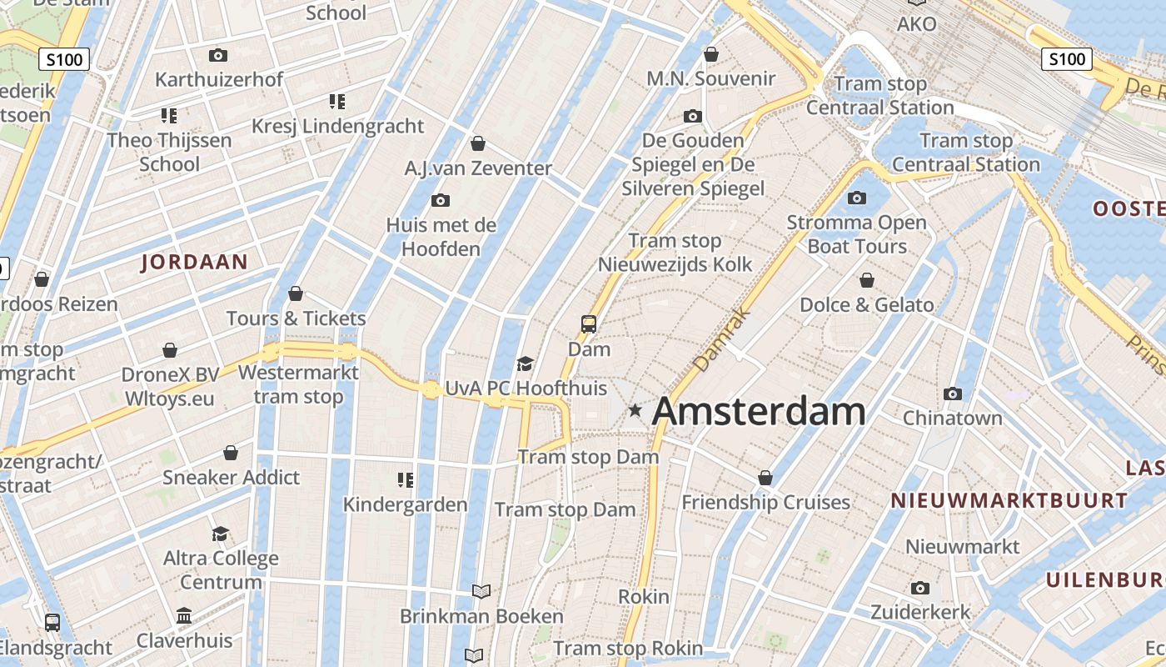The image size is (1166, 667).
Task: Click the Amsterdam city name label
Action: [x=759, y=412]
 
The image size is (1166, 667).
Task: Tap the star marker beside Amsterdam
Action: [x=635, y=409]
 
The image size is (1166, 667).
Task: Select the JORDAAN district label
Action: [x=195, y=262]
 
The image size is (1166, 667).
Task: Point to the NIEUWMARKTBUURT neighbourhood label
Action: [x=1009, y=501]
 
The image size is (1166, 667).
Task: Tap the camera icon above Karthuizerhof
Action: [x=218, y=55]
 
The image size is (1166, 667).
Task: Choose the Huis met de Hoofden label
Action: [x=441, y=237]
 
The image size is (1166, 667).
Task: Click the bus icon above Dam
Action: [x=589, y=323]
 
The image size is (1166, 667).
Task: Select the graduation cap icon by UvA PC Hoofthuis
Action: [x=525, y=363]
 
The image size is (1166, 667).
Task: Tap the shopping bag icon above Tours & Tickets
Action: [x=296, y=293]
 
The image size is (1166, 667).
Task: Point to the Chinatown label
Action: [x=953, y=418]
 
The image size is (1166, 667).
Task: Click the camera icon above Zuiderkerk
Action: [x=920, y=588]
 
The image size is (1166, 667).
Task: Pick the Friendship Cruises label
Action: [x=765, y=503]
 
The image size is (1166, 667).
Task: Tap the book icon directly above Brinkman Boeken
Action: [x=481, y=591]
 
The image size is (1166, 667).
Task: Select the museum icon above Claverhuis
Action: [x=184, y=616]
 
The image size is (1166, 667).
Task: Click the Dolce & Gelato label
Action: [x=867, y=305]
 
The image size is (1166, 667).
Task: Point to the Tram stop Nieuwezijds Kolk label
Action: [x=675, y=253]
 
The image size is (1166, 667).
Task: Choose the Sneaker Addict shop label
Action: [x=231, y=478]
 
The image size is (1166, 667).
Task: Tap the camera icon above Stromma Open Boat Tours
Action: [x=856, y=198]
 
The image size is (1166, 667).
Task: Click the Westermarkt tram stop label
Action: [x=298, y=384]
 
